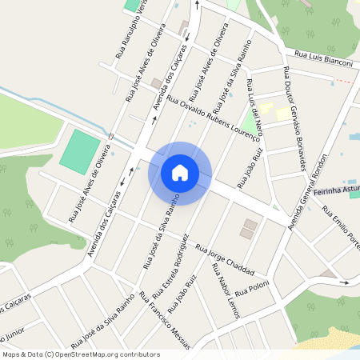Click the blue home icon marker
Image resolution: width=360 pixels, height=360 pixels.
(x=180, y=173)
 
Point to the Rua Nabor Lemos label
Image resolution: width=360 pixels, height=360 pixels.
(x=225, y=292)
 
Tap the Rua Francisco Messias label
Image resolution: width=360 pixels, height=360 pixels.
(x=165, y=320)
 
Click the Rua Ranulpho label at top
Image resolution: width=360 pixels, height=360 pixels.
(x=121, y=28)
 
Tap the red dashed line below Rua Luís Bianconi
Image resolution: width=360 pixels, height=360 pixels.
(x=342, y=81)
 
